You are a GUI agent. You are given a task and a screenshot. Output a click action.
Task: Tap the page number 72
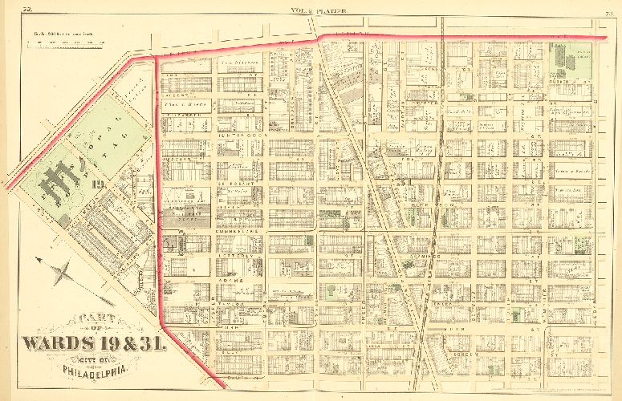pyautogui.click(x=27, y=10)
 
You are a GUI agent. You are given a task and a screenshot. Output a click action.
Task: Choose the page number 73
pyautogui.click(x=609, y=10)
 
